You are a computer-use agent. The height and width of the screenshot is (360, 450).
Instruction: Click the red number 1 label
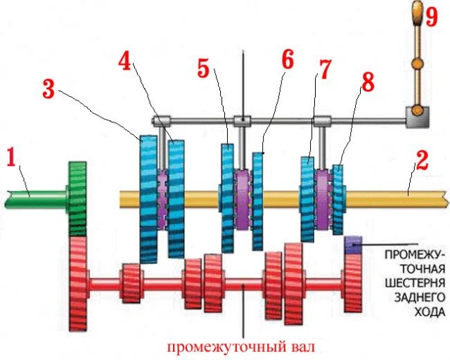[11, 157]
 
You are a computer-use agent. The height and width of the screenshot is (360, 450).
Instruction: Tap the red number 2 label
[422, 160]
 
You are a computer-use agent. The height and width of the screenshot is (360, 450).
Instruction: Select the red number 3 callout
[49, 89]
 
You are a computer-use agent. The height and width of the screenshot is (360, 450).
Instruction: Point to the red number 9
[432, 17]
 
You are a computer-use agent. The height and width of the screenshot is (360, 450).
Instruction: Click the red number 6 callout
[288, 60]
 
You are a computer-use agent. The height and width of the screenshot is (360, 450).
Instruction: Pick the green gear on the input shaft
[77, 199]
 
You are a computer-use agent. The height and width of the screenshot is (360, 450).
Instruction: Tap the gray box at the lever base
[417, 117]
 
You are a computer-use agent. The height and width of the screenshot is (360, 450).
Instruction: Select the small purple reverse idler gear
[353, 245]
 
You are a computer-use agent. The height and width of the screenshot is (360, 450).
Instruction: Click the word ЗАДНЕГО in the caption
[419, 297]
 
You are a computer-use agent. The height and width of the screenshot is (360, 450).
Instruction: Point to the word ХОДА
[430, 311]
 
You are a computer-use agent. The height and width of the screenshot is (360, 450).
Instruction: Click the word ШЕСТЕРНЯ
[415, 283]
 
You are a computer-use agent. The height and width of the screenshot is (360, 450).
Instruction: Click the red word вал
[300, 347]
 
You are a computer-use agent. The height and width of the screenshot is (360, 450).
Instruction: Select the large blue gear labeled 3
[148, 199]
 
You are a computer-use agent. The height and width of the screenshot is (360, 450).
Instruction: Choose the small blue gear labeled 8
[337, 200]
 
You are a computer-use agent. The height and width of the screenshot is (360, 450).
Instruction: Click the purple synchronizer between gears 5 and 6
[243, 199]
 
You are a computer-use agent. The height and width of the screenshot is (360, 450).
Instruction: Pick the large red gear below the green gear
[78, 283]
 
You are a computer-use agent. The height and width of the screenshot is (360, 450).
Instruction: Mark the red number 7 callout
[324, 69]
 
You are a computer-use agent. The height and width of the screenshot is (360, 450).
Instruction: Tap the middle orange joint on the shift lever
[417, 63]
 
